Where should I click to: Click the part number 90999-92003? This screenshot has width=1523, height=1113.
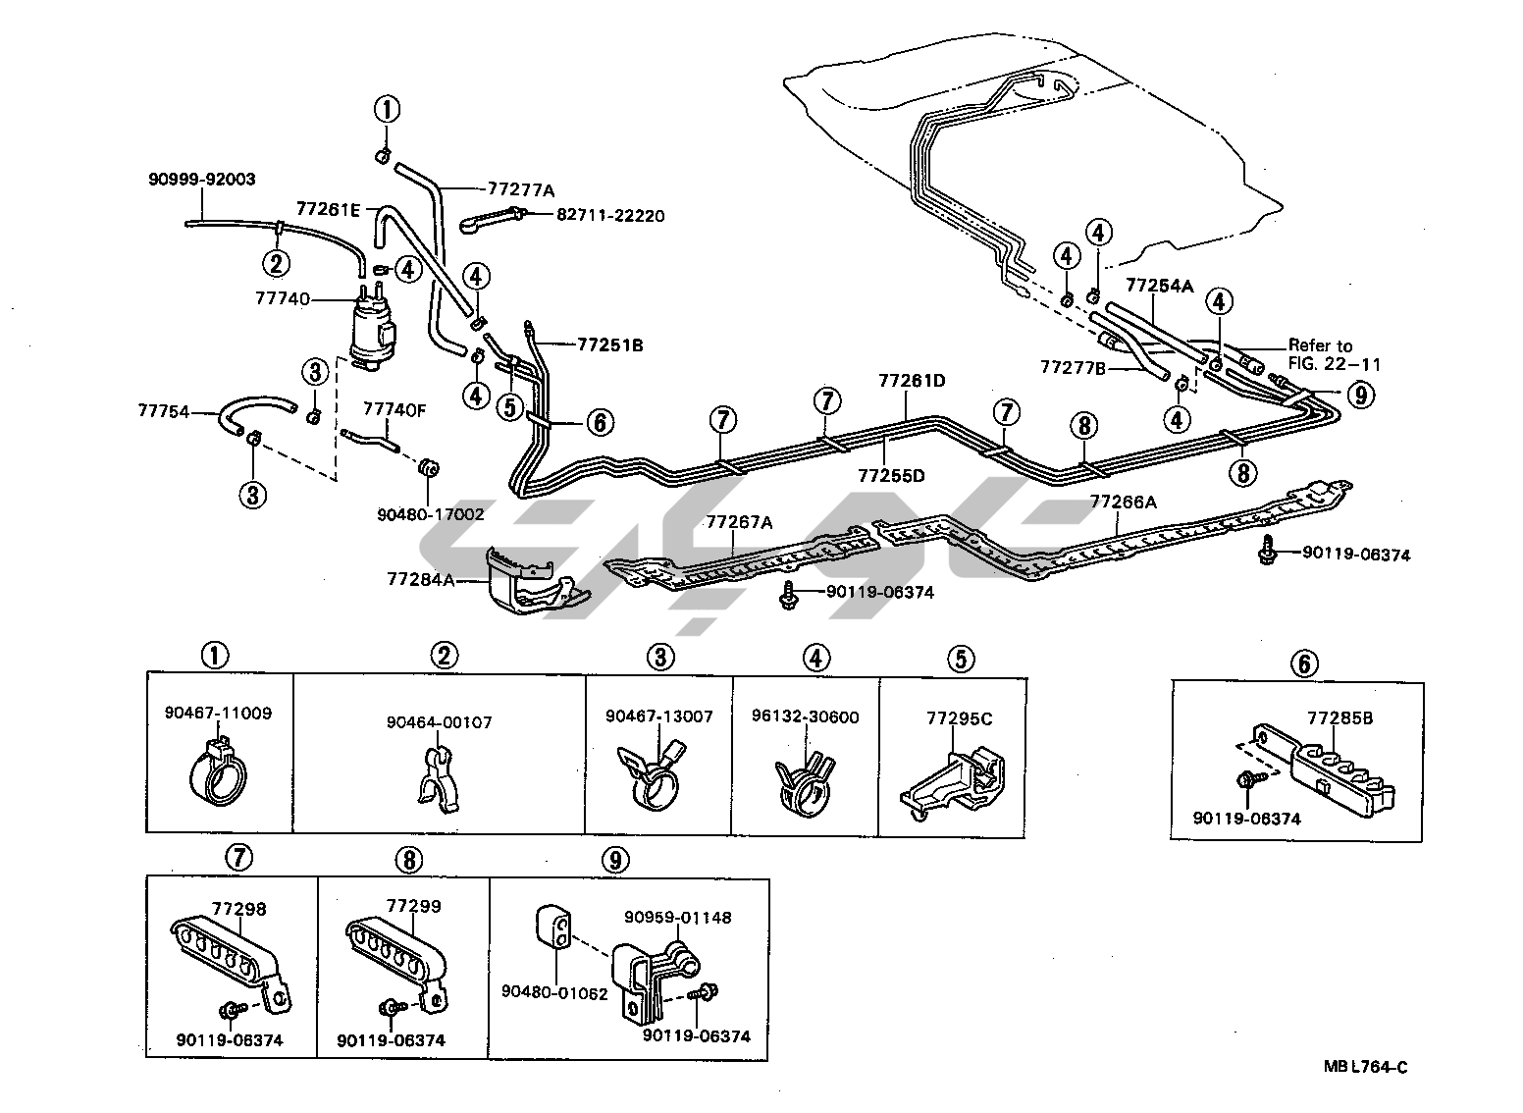click(202, 180)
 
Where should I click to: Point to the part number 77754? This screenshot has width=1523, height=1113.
click(165, 412)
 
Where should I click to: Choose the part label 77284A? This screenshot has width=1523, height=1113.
click(420, 580)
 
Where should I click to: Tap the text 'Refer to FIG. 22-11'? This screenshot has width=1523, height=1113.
click(1334, 354)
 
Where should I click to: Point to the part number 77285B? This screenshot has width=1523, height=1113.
click(1339, 718)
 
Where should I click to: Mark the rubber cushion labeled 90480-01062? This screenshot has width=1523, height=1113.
click(554, 927)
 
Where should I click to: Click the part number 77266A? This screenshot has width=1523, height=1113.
click(1124, 502)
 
